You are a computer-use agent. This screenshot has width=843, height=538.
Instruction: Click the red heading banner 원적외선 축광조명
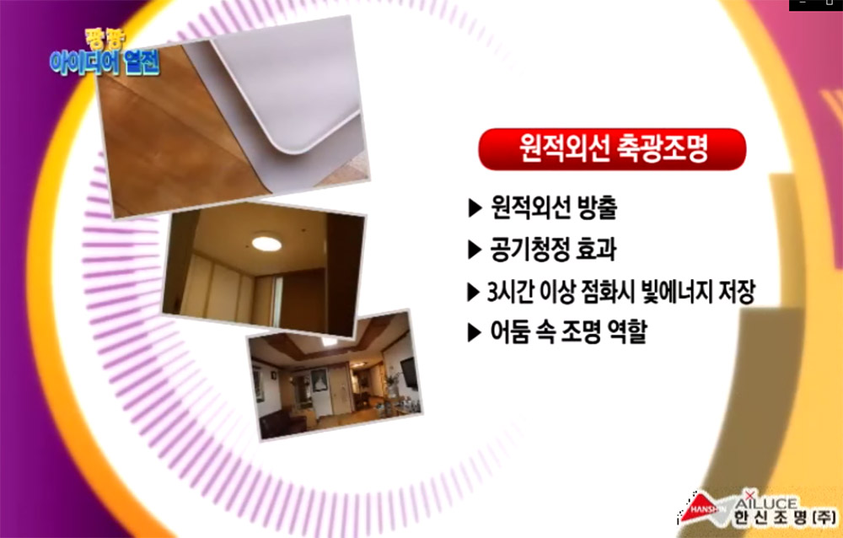pyautogui.click(x=612, y=149)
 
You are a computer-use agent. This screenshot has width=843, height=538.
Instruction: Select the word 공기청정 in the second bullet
pyautogui.click(x=531, y=249)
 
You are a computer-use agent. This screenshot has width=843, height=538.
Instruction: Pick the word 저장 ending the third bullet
pyautogui.click(x=737, y=291)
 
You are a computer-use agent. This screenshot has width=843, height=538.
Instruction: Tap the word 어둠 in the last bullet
pyautogui.click(x=509, y=331)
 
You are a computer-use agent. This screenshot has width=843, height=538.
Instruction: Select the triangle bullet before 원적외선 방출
pyautogui.click(x=475, y=208)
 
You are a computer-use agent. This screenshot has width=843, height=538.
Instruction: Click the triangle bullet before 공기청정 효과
pyautogui.click(x=475, y=250)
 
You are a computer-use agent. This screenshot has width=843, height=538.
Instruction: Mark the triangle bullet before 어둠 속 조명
pyautogui.click(x=475, y=333)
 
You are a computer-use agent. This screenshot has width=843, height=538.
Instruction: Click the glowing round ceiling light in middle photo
pyautogui.click(x=266, y=243)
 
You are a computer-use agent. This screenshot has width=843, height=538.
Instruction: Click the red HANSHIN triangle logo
pyautogui.click(x=700, y=508)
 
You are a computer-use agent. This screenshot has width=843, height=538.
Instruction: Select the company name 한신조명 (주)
pyautogui.click(x=785, y=518)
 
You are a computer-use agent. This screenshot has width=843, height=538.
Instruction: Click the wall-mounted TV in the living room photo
pyautogui.click(x=409, y=373)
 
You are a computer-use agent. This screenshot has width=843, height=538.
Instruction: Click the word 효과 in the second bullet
pyautogui.click(x=597, y=249)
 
